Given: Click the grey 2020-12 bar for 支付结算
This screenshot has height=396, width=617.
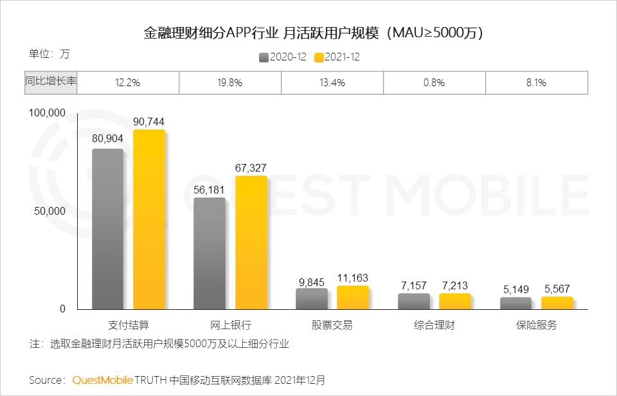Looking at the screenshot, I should (107, 229).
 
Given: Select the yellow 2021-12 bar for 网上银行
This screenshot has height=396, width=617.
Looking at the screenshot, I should (251, 242).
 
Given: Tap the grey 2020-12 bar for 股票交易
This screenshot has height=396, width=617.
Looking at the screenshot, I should (312, 299).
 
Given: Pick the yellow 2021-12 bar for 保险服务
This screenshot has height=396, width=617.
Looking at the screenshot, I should (557, 303).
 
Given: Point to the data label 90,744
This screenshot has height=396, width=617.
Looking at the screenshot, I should (149, 121).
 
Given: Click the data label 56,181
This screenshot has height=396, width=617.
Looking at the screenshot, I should (210, 190).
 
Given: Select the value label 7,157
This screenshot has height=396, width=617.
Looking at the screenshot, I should (414, 285).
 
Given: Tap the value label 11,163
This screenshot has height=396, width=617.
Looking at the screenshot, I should (353, 278).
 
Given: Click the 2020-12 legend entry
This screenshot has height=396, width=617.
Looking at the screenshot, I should (283, 57).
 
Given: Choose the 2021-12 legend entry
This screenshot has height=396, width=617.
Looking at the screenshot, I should (337, 57).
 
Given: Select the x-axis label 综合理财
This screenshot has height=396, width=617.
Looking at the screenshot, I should (434, 325).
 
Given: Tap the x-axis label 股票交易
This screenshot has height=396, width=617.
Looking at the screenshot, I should (332, 325).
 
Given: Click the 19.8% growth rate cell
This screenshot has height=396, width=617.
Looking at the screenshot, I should (229, 82).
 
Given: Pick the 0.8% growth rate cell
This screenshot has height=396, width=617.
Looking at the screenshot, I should (434, 82).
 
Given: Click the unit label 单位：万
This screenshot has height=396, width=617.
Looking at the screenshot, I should (49, 54).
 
